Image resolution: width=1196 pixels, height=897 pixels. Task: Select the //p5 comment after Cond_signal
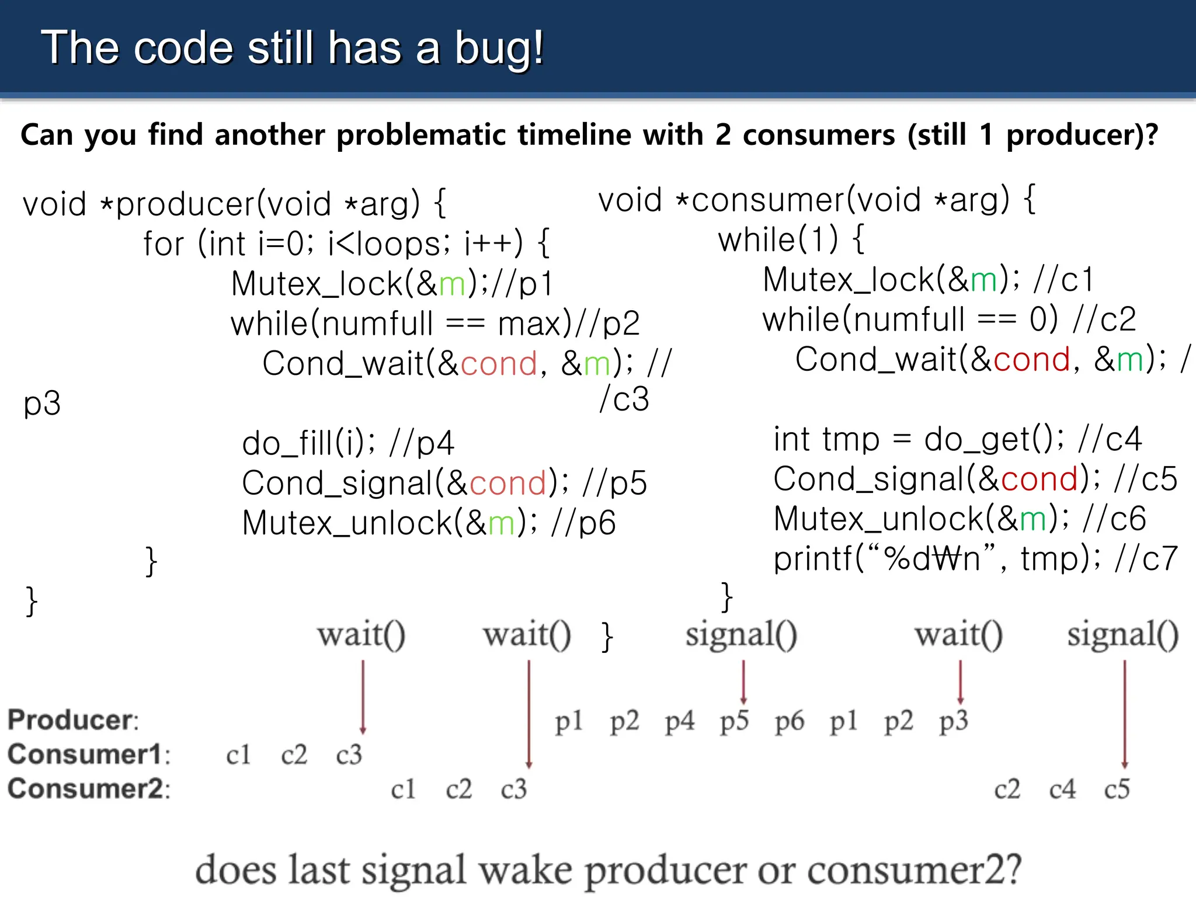(615, 484)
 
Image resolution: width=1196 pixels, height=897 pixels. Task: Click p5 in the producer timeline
(734, 721)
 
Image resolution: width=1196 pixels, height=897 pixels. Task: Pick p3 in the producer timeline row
(953, 721)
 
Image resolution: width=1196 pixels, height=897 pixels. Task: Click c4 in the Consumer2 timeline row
(1062, 790)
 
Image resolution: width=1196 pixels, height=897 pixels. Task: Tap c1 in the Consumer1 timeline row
(238, 755)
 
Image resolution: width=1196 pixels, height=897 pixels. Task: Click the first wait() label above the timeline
(361, 635)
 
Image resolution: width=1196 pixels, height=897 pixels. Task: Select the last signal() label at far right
(1122, 635)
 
